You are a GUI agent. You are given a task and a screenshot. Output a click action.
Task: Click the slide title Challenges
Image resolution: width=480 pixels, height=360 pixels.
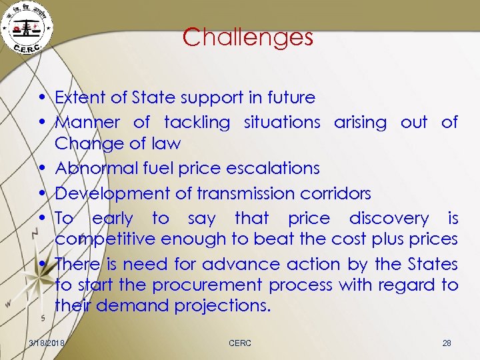[x=247, y=37]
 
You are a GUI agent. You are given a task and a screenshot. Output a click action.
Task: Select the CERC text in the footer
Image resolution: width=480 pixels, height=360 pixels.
[x=240, y=343]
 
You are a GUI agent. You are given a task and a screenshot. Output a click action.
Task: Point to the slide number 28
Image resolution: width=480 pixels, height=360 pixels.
[x=447, y=343]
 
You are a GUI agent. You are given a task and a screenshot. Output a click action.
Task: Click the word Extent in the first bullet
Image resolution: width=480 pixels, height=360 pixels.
[x=76, y=97]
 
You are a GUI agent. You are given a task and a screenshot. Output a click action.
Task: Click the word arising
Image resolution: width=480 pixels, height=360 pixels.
[x=360, y=122]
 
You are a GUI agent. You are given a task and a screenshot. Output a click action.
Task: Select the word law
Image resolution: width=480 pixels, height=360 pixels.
[x=167, y=143]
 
